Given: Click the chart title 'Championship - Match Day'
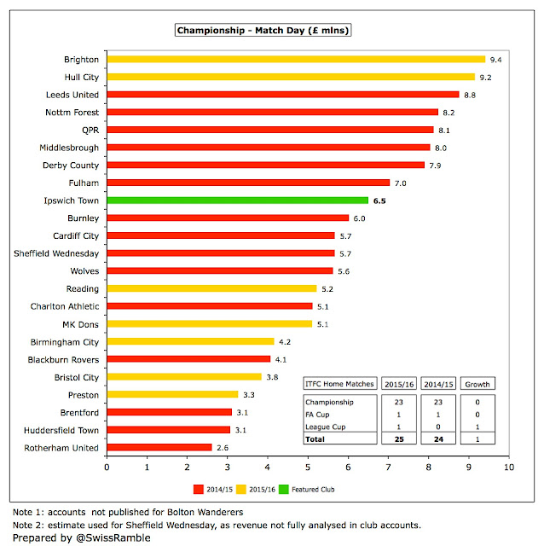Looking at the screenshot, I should pos(263,31).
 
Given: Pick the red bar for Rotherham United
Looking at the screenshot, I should pos(159,447).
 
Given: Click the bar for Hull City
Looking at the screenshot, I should pos(291,77).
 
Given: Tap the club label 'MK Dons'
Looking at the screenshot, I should pos(79,323).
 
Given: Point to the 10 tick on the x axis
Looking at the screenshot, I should pos(509,468).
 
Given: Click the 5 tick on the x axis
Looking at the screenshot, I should pos(308,468).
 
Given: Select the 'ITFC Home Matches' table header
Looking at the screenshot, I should pos(339,384).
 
